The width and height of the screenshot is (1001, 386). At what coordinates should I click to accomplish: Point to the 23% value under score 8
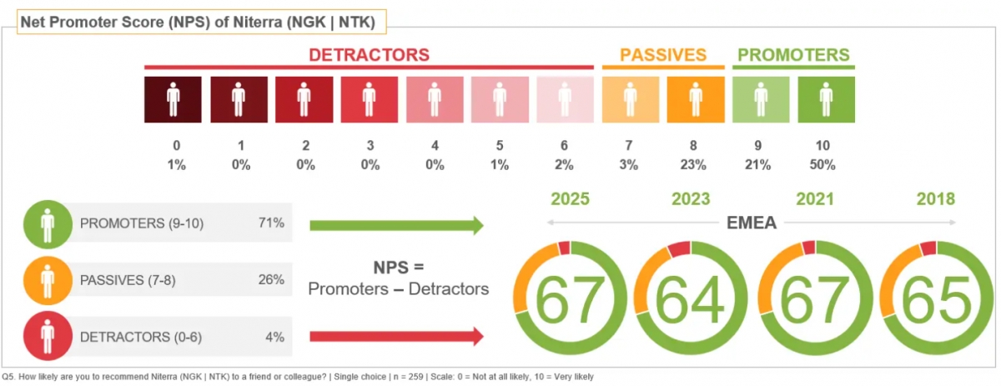coord(696,165)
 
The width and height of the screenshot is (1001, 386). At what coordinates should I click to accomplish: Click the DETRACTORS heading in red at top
coord(369,55)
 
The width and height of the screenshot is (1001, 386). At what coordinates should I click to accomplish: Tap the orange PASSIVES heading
coord(663,55)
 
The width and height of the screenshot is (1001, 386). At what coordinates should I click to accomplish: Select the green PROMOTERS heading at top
coord(793,55)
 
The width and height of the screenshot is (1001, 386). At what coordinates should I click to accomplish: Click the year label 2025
coord(571,199)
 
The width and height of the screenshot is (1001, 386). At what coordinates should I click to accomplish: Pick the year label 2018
coord(934,199)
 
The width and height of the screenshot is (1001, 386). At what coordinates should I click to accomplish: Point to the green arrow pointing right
coord(396,224)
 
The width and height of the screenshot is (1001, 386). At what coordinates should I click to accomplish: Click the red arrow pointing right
coord(396,337)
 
